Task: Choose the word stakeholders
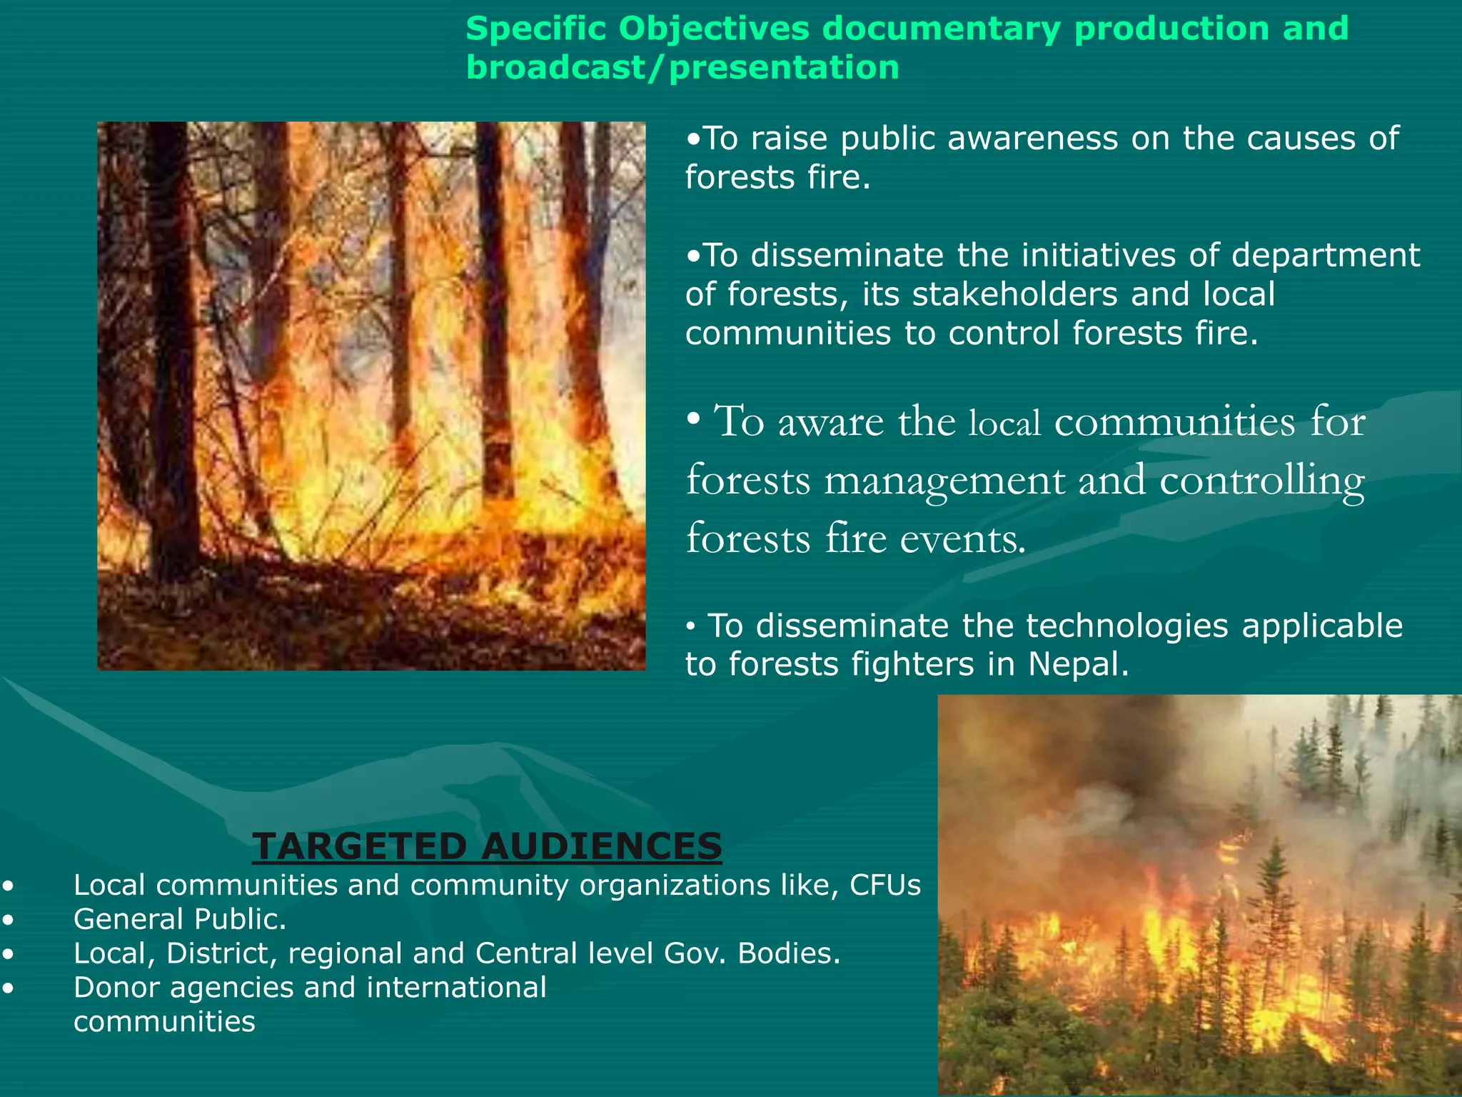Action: (x=1014, y=295)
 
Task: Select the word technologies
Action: (x=1127, y=626)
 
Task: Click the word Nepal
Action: (x=1079, y=665)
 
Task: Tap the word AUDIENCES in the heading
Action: (x=601, y=847)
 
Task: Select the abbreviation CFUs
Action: (x=885, y=886)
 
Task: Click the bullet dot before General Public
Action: (x=8, y=921)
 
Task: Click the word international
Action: (x=456, y=988)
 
